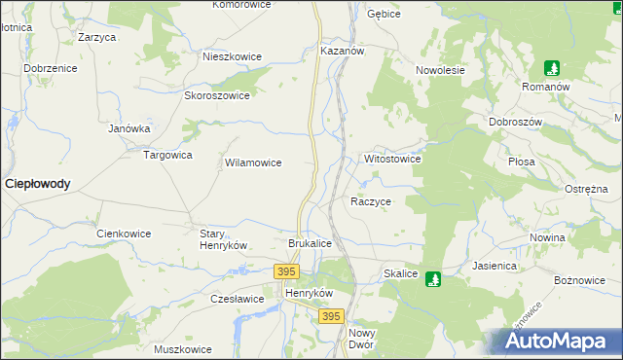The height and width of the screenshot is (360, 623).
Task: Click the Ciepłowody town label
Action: pyautogui.click(x=38, y=183)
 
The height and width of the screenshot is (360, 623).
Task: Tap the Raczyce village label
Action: pyautogui.click(x=370, y=201)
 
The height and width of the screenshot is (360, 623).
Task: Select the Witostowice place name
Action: pyautogui.click(x=391, y=158)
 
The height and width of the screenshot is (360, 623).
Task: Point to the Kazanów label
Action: pyautogui.click(x=342, y=50)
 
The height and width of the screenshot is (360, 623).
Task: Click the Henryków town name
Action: pyautogui.click(x=309, y=293)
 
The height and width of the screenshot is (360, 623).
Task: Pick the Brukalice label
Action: pyautogui.click(x=311, y=243)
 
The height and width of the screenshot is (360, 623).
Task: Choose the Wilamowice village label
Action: pyautogui.click(x=253, y=163)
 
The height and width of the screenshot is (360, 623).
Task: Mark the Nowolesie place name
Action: pyautogui.click(x=441, y=70)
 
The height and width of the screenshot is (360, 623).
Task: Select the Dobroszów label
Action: pyautogui.click(x=516, y=122)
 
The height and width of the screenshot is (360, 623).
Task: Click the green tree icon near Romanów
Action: pyautogui.click(x=552, y=68)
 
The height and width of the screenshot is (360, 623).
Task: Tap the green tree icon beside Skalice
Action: pyautogui.click(x=434, y=278)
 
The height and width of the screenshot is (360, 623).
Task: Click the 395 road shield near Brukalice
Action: pyautogui.click(x=286, y=271)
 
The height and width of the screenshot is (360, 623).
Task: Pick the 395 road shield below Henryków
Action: pyautogui.click(x=332, y=317)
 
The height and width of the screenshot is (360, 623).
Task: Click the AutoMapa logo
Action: pyautogui.click(x=560, y=341)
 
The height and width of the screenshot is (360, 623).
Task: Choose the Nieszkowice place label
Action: pyautogui.click(x=232, y=56)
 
